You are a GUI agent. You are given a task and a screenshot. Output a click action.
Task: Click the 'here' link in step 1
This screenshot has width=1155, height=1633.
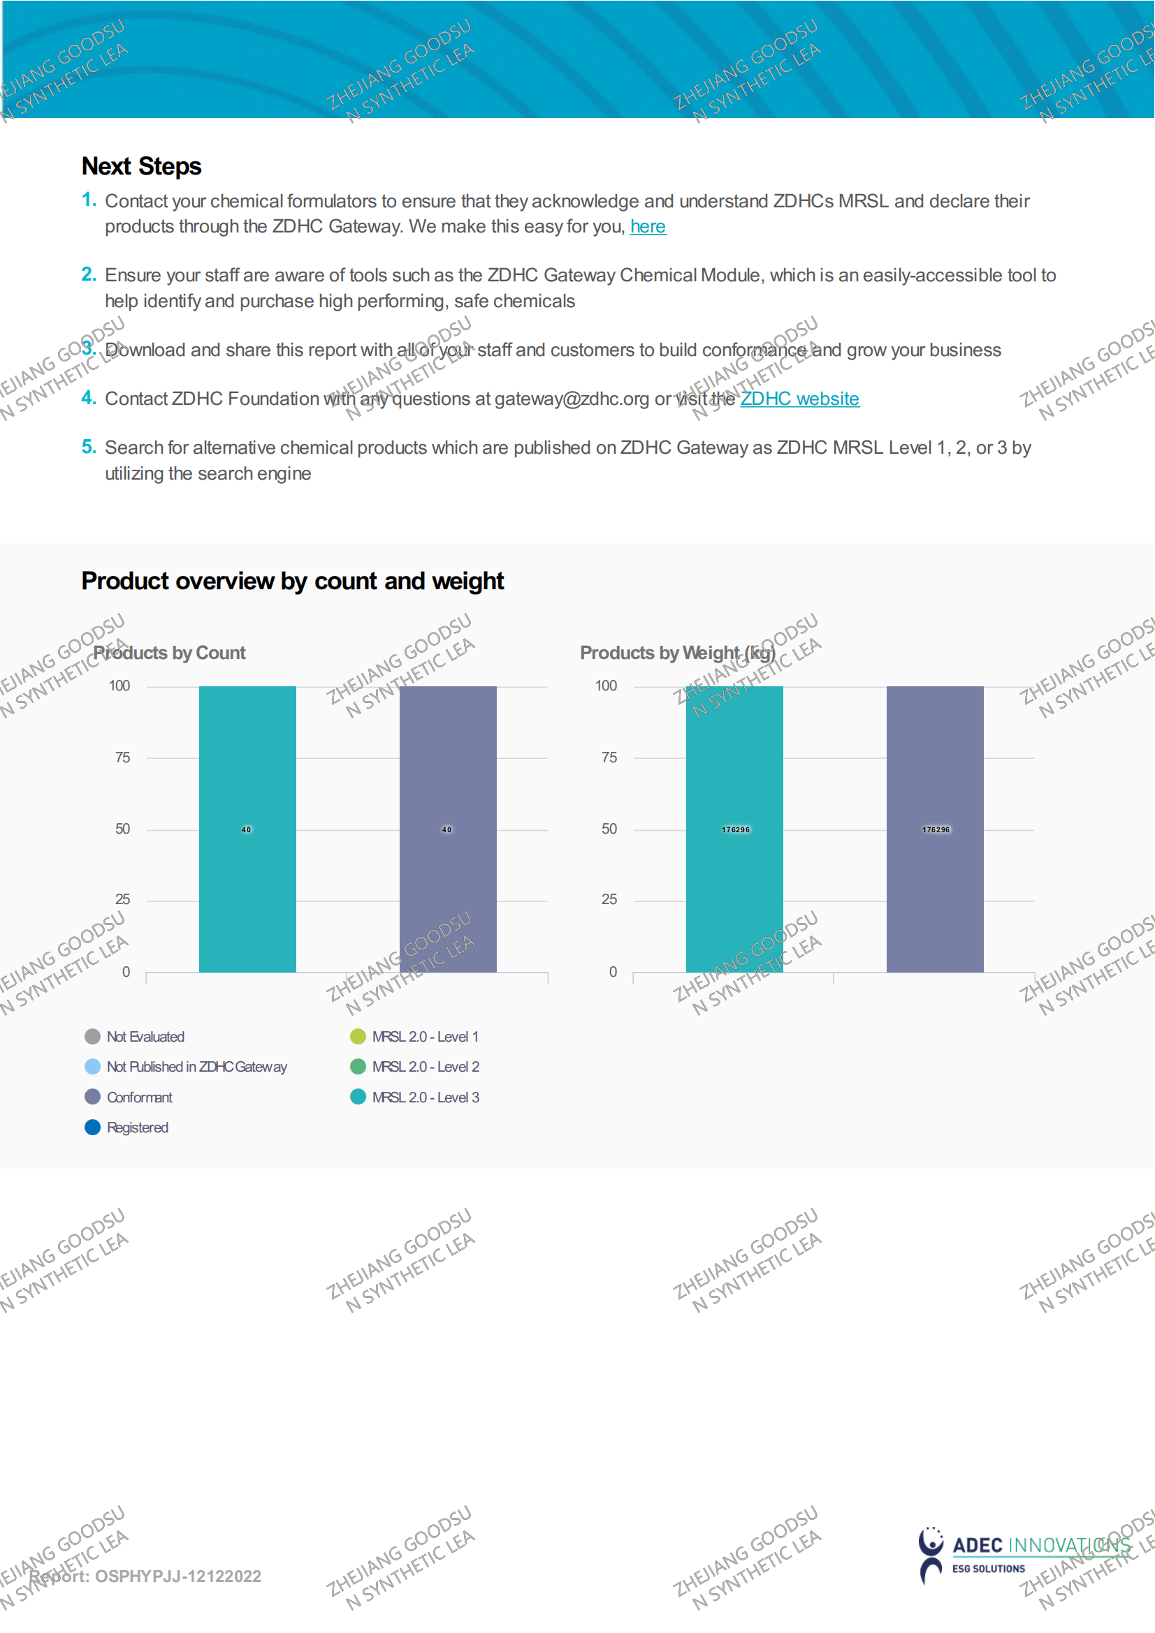[648, 227]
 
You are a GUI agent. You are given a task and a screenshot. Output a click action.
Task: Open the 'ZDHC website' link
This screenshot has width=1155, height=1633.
[799, 399]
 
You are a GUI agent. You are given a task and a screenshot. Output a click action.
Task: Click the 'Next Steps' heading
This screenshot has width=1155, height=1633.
[142, 166]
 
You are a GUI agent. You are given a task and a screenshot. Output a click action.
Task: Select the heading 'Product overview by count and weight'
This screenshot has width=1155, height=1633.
[293, 581]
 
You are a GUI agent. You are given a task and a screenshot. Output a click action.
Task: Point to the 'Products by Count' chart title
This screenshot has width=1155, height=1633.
[169, 653]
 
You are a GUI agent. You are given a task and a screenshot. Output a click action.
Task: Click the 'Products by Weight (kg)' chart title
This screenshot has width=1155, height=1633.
[677, 653]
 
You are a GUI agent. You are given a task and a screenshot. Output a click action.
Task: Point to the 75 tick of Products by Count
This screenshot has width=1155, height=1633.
[122, 758]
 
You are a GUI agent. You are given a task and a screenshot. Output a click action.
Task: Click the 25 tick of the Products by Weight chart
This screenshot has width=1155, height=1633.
[609, 900]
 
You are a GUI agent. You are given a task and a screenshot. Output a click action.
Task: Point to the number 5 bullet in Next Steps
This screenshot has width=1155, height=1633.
[88, 448]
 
